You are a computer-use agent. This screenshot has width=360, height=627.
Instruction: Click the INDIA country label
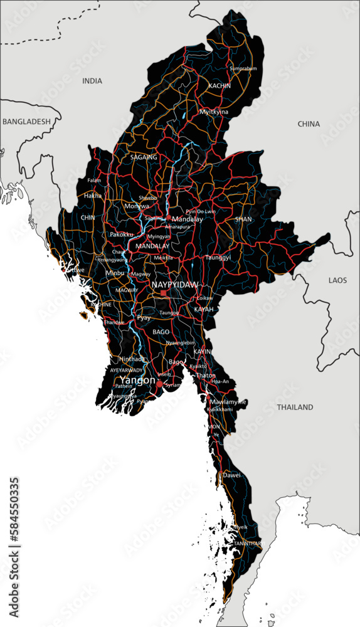[x=92, y=81]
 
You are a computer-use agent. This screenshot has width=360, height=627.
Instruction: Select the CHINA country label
[x=309, y=124]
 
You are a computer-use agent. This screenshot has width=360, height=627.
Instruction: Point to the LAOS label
[x=337, y=280]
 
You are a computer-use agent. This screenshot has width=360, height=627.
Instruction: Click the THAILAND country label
[x=295, y=408]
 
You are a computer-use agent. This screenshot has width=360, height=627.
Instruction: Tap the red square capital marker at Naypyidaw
[x=164, y=293]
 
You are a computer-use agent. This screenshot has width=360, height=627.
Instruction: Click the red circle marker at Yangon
[x=159, y=384]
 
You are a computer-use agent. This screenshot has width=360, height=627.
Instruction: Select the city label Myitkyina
[x=214, y=112]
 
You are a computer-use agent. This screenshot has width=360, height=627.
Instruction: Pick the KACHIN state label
[x=220, y=86]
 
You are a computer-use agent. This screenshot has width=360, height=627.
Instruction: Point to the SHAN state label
[x=243, y=219]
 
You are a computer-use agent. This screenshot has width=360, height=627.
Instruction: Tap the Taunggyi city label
[x=218, y=257]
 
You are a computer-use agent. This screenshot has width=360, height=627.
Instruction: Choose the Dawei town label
[x=231, y=475]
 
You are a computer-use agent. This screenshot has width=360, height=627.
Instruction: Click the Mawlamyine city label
[x=228, y=401]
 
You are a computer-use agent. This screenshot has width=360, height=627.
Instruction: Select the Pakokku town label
[x=122, y=234]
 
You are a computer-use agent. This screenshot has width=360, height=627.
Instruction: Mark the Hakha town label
[x=93, y=196]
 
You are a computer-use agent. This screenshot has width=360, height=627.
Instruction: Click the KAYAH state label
[x=204, y=310]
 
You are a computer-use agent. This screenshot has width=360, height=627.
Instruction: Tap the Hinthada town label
[x=132, y=359]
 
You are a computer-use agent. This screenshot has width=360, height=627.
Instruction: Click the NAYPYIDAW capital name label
[x=175, y=284]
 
